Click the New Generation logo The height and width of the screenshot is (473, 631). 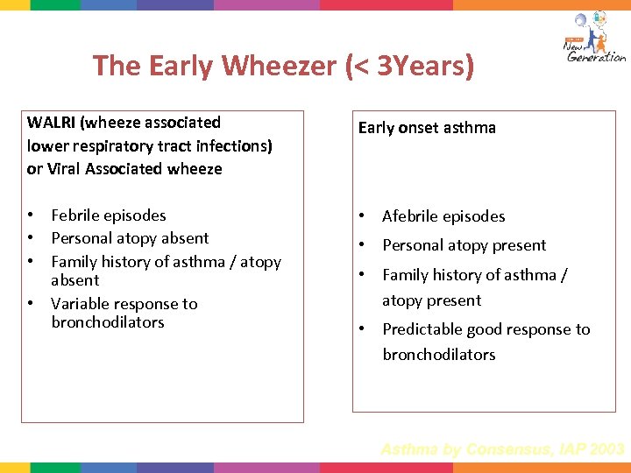(x=593, y=39)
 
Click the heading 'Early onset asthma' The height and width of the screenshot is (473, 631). (x=427, y=128)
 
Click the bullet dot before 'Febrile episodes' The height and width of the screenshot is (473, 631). (x=30, y=215)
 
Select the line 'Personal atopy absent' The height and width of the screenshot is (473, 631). (x=130, y=238)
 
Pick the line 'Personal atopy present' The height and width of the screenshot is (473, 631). (x=464, y=245)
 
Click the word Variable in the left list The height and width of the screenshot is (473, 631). (x=81, y=304)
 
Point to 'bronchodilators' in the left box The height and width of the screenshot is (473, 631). (x=108, y=322)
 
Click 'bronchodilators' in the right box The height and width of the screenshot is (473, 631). (x=439, y=355)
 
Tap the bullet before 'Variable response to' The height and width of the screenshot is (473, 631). (x=30, y=304)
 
